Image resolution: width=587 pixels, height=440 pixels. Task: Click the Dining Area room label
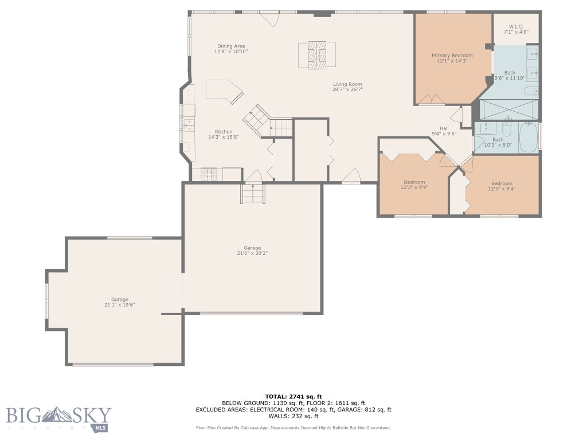tap(231, 46)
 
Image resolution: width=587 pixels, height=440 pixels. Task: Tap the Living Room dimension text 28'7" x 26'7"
tap(347, 89)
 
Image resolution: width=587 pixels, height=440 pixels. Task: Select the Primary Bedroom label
tap(452, 56)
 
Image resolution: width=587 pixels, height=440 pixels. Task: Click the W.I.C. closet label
tap(516, 27)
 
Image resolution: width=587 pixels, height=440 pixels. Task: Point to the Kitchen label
tap(224, 132)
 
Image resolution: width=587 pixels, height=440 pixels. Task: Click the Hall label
tap(444, 128)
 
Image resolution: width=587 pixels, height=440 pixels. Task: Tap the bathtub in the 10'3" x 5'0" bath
tap(528, 137)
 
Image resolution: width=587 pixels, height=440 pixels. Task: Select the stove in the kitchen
tap(210, 174)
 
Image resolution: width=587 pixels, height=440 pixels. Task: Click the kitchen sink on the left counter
tap(189, 125)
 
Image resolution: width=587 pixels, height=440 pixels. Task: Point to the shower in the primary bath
tap(509, 109)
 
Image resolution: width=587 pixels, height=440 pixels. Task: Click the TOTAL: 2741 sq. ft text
tap(293, 396)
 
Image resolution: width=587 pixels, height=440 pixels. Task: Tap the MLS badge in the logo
tap(101, 427)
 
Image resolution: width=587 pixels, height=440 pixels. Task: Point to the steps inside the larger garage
tap(253, 194)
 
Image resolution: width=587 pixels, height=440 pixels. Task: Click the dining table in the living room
tap(316, 55)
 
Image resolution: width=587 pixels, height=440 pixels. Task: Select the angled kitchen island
tap(224, 91)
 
